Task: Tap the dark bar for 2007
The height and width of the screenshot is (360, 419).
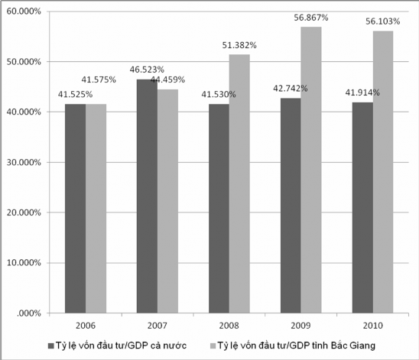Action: tap(147, 196)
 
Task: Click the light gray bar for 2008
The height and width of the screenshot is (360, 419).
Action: tap(239, 183)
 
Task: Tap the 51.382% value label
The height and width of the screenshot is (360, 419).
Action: tap(239, 46)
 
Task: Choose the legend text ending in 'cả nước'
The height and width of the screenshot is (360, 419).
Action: tap(121, 345)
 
